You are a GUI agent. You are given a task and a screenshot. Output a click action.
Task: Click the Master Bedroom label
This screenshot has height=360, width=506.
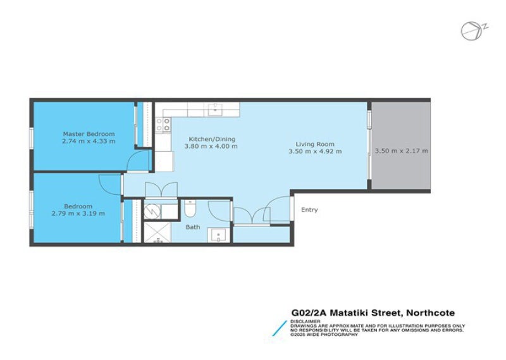[x=89, y=133]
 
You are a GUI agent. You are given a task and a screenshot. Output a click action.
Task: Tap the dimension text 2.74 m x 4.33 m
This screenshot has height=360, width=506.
[x=89, y=142]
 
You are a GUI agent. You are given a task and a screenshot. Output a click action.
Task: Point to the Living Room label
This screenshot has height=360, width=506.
[x=315, y=144]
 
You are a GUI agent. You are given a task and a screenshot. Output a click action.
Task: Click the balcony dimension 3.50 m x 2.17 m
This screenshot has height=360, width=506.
[x=401, y=151]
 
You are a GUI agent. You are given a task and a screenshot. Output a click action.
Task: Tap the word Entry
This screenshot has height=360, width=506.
[x=309, y=210]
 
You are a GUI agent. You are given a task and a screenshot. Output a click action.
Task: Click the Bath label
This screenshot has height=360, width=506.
[x=192, y=227]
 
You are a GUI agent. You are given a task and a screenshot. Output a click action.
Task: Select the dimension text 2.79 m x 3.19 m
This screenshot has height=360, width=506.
[x=78, y=214]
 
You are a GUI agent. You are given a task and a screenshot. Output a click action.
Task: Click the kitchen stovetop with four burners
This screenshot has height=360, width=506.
[x=167, y=125]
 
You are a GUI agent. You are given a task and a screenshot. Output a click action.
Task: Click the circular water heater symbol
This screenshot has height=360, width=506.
[x=153, y=210]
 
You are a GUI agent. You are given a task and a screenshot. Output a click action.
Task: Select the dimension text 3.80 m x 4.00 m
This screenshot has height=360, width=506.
[x=211, y=147]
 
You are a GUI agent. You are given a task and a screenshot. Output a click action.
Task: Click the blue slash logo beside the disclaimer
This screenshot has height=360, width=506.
[x=278, y=328]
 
